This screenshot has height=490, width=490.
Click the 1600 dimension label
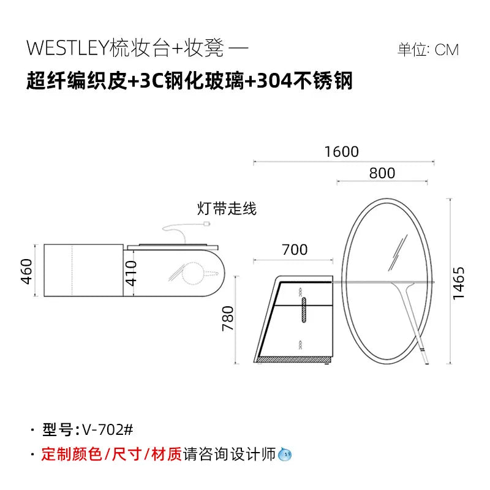pyautogui.click(x=342, y=152)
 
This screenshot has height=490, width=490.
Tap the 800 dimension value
pyautogui.click(x=382, y=173)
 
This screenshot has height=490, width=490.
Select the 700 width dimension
pyautogui.click(x=295, y=250)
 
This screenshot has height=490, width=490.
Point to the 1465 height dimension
pyautogui.click(x=459, y=283)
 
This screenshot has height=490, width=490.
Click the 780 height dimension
pyautogui.click(x=228, y=318)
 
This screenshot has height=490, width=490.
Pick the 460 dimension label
pyautogui.click(x=26, y=271)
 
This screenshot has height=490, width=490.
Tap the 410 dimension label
pyautogui.click(x=131, y=273)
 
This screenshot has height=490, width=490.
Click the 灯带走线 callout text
pyautogui.click(x=227, y=208)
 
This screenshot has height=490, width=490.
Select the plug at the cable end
pyautogui.click(x=206, y=224)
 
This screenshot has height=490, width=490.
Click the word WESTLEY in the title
pyautogui.click(x=67, y=48)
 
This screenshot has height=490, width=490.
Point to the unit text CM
pyautogui.click(x=447, y=50)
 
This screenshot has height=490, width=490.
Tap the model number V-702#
pyautogui.click(x=108, y=430)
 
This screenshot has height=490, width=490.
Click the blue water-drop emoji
pyautogui.click(x=285, y=454)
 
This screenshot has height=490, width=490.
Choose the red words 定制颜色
pyautogui.click(x=72, y=454)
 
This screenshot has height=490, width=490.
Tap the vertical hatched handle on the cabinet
pyautogui.click(x=304, y=310)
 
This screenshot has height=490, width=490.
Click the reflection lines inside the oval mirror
pyautogui.click(x=398, y=252)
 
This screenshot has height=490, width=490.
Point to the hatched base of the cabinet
pyautogui.click(x=294, y=360)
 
